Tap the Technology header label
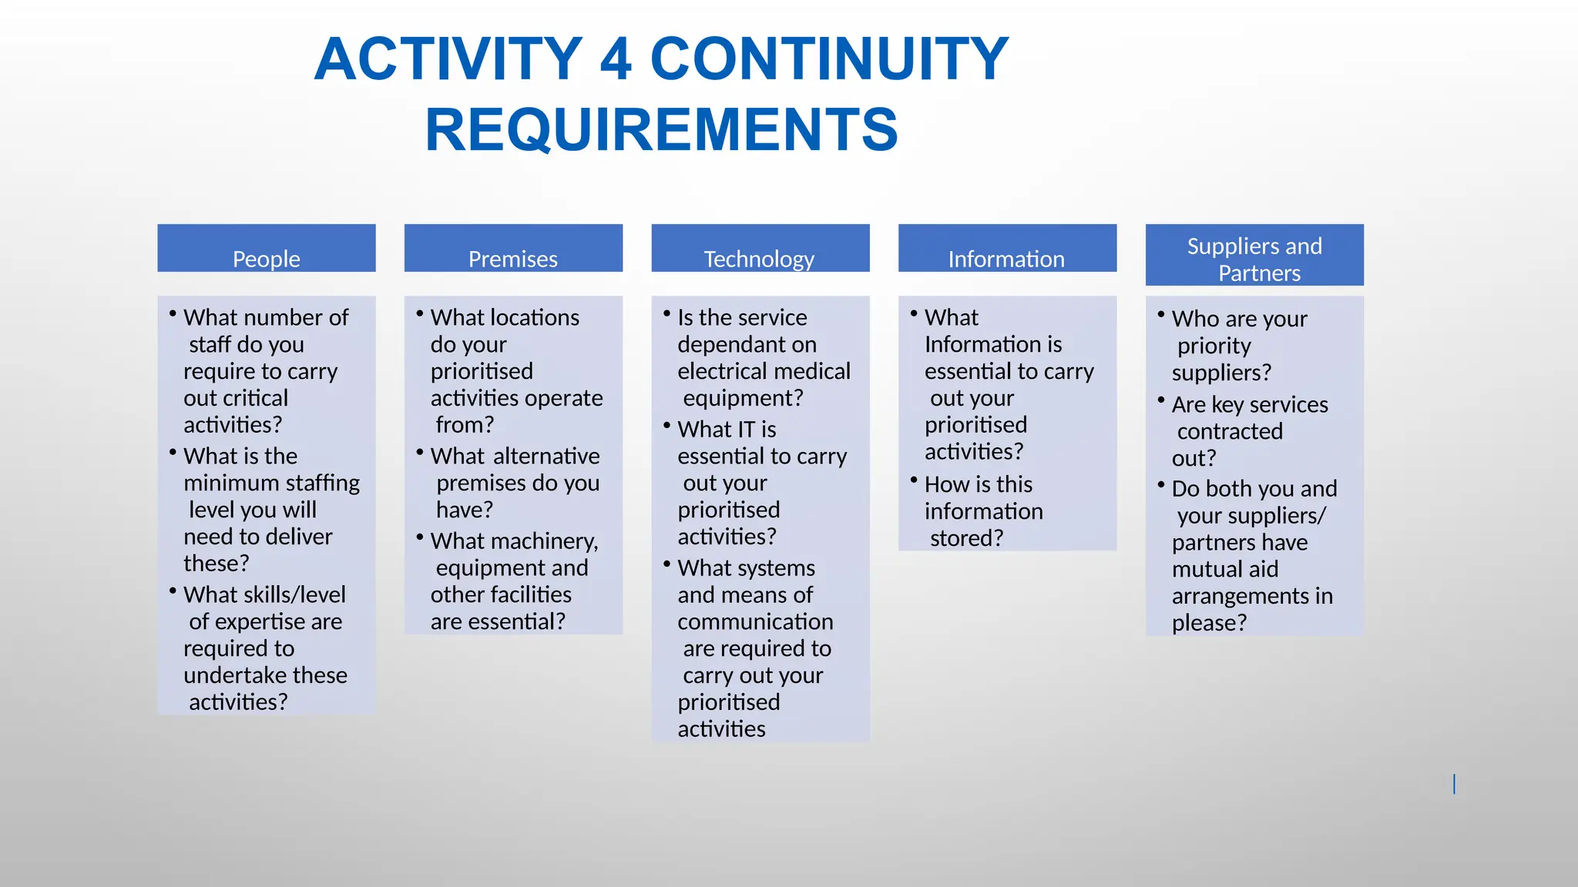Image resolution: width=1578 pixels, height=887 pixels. [760, 258]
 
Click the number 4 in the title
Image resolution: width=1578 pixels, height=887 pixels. [616, 59]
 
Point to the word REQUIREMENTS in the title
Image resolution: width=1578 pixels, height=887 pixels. [661, 129]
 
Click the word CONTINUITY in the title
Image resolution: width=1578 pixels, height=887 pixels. [829, 59]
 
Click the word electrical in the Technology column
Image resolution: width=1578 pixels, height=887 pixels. [720, 371]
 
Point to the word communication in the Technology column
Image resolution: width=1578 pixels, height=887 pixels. [755, 621]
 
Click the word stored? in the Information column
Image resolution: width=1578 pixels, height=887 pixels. [966, 538]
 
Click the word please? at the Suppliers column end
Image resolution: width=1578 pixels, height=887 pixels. [1209, 623]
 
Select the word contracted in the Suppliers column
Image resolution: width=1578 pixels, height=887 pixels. [1230, 431]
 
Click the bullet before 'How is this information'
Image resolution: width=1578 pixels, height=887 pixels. [914, 480]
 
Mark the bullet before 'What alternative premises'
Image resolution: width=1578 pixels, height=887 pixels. [420, 452]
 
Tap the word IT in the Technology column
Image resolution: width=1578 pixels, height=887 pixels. [747, 429]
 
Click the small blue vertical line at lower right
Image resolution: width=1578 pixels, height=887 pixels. [1454, 784]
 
